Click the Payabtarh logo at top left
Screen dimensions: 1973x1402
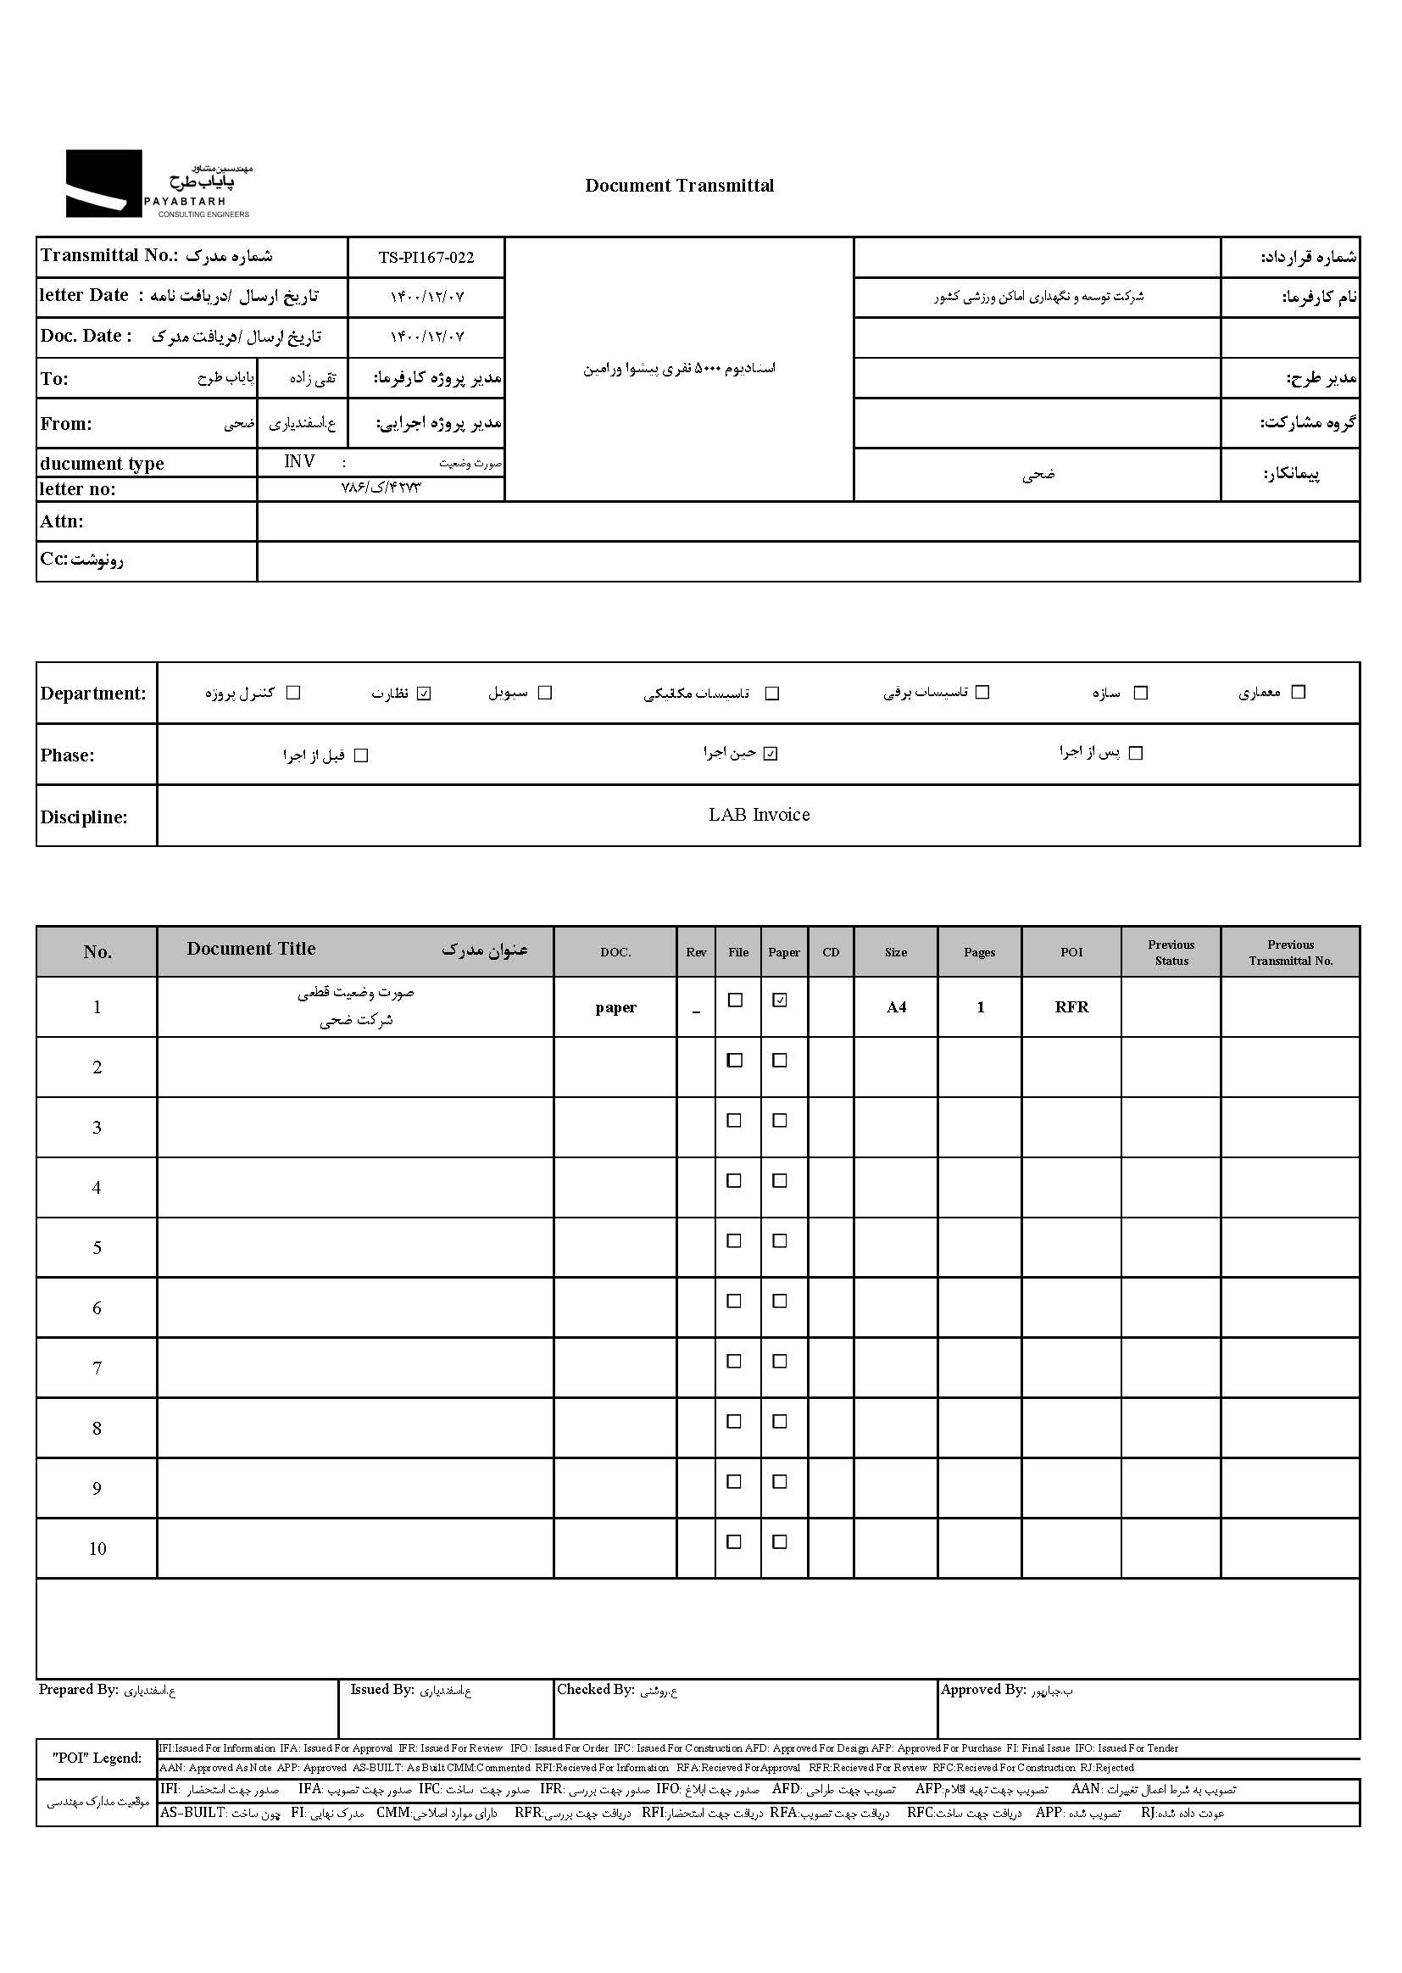point(158,184)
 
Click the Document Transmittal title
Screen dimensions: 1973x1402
point(680,186)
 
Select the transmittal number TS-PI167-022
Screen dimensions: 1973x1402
point(426,257)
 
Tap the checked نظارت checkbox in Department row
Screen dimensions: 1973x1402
point(423,694)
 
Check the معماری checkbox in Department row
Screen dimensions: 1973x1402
point(1298,692)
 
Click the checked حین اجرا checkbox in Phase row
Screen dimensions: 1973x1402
point(771,754)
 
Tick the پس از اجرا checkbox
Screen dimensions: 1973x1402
point(1135,753)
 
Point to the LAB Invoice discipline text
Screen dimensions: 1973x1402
point(759,815)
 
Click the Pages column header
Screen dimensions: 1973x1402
point(979,952)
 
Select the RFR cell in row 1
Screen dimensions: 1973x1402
point(1071,1006)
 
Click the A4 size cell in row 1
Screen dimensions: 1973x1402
point(896,1006)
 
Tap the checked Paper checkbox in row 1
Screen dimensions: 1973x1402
point(780,1000)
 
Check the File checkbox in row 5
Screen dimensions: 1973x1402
point(734,1240)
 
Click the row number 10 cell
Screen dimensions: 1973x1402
point(97,1549)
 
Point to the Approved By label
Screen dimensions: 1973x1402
point(982,1690)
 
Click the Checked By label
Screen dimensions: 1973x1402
point(595,1690)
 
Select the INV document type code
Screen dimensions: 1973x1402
point(299,462)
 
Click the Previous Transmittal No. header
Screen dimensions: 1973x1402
point(1290,952)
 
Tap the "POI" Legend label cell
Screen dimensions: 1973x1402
point(97,1758)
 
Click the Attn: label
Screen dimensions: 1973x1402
point(62,521)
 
